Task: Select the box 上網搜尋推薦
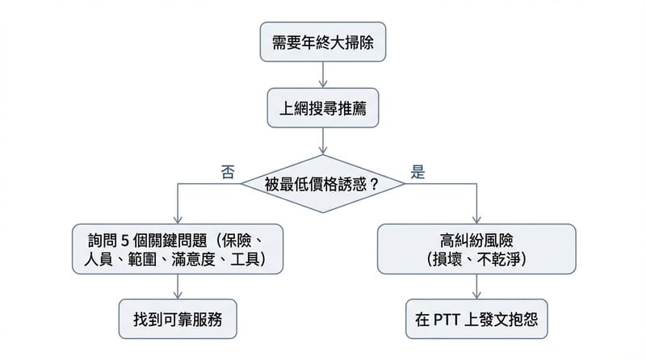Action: [322, 107]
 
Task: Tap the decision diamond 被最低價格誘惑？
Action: [322, 184]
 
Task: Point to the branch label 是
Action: [418, 172]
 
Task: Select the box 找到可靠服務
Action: [178, 320]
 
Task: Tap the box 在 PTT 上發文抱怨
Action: [477, 320]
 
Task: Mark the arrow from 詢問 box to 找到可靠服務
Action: [178, 286]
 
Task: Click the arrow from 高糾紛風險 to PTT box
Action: [477, 286]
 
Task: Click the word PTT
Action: [451, 320]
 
